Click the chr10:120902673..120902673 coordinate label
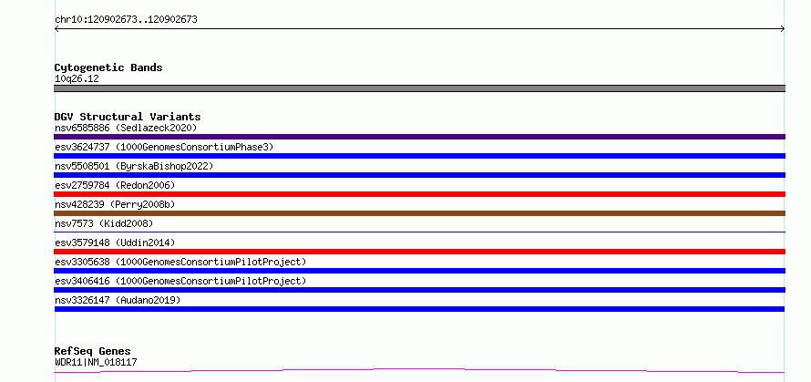[x=126, y=20]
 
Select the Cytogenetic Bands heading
[x=108, y=67]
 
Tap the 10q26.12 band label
[x=77, y=79]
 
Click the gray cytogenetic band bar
[x=419, y=88]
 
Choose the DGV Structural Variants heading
[x=128, y=117]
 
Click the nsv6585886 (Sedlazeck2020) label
[x=126, y=128]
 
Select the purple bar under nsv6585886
[x=419, y=137]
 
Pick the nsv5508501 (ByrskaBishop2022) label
[x=134, y=166]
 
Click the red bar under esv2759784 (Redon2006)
[x=419, y=194]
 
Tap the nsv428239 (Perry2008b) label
[x=115, y=204]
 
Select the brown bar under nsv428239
[x=419, y=213]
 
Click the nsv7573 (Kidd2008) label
[x=104, y=223]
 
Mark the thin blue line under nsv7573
[x=419, y=232]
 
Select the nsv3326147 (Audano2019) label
[x=118, y=300]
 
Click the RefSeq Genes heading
[x=93, y=351]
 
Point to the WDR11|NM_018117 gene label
[x=96, y=362]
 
